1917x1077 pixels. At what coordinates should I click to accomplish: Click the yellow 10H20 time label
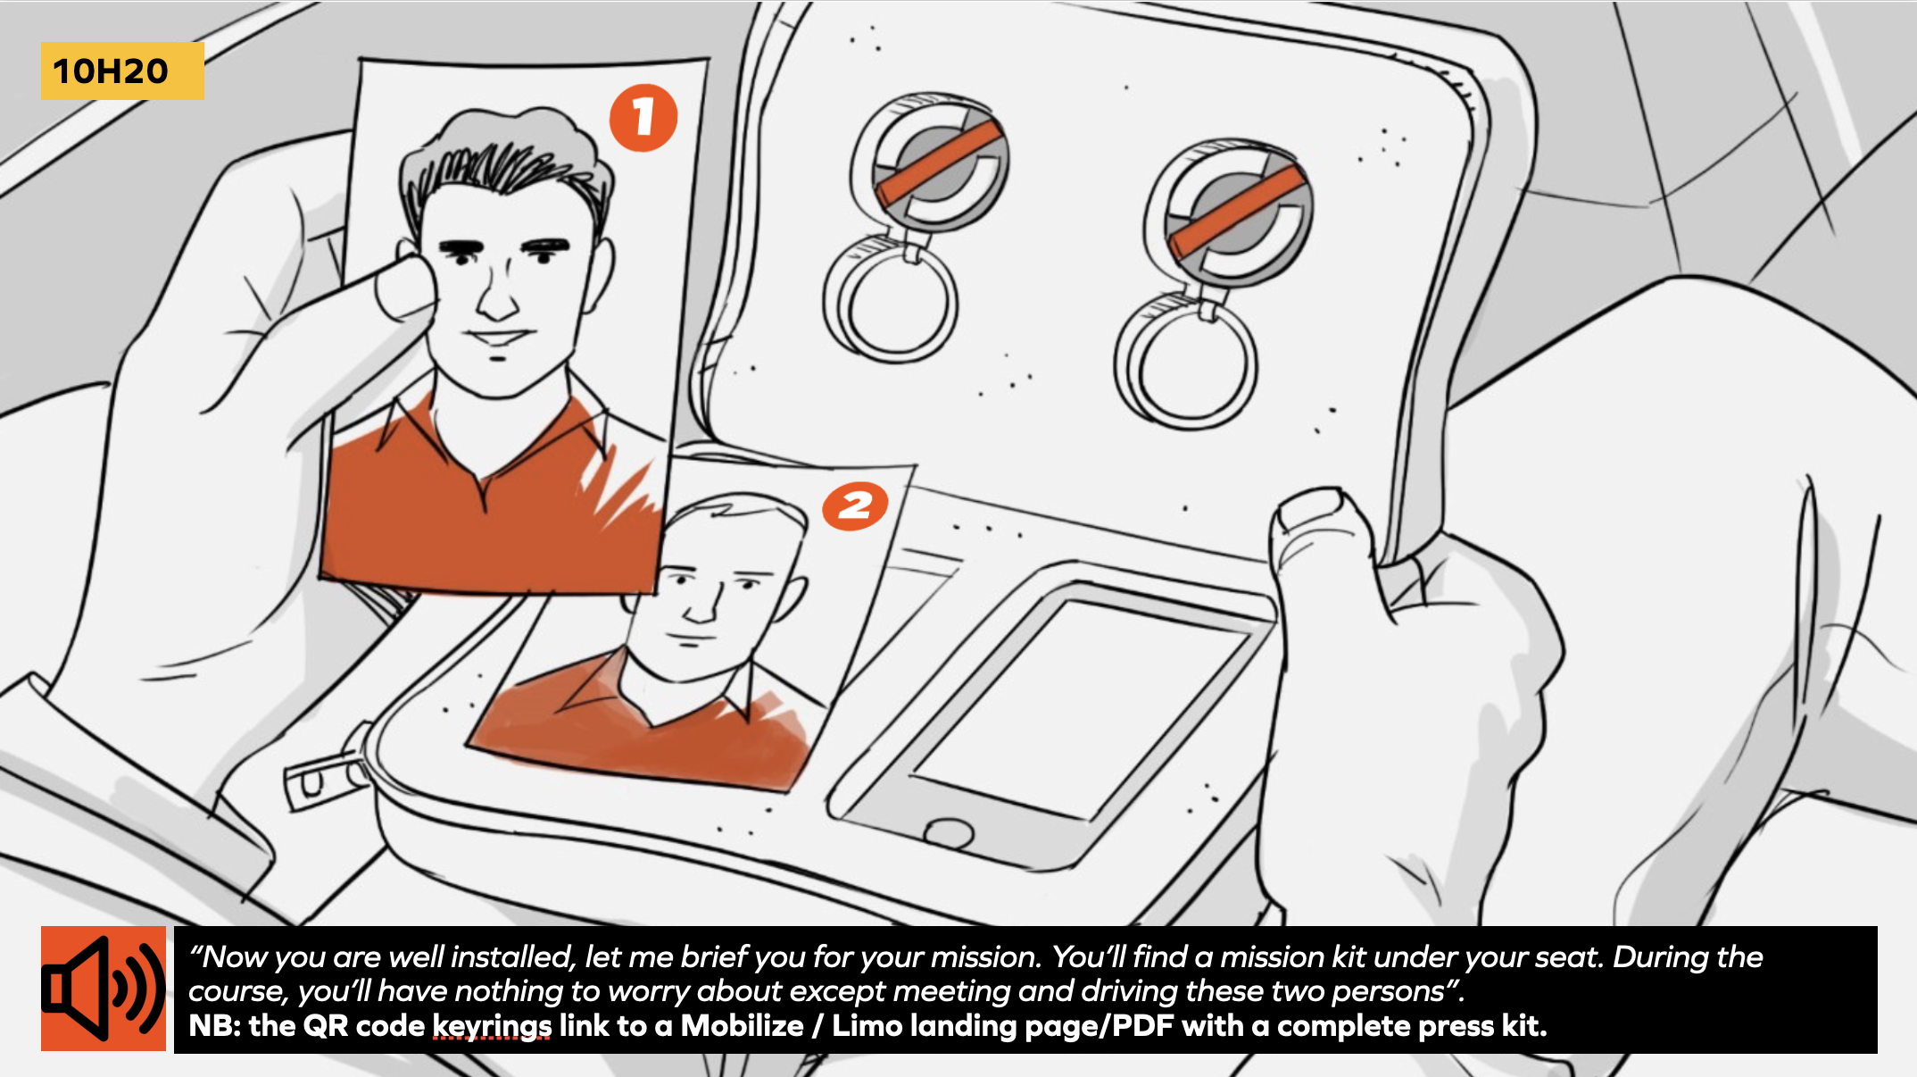click(122, 71)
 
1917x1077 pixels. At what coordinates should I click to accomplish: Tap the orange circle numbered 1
click(643, 117)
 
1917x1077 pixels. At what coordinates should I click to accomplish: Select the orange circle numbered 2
click(855, 506)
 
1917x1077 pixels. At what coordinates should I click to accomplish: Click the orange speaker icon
click(104, 989)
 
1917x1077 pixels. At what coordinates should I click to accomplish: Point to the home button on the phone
click(948, 833)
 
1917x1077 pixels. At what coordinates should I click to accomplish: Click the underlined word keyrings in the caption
click(492, 1026)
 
